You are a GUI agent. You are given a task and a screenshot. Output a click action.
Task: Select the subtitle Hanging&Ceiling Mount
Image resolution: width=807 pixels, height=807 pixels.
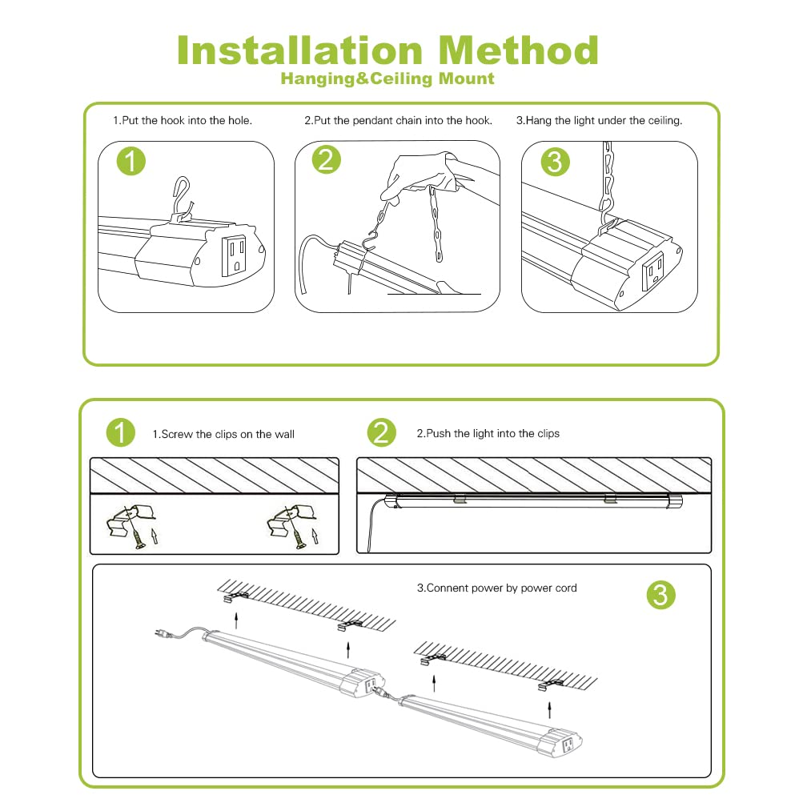[x=387, y=78]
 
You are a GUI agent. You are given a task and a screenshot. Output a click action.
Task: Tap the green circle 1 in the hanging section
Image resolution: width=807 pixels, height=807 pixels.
[x=132, y=162]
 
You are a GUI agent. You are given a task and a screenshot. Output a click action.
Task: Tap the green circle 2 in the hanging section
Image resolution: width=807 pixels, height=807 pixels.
[x=326, y=161]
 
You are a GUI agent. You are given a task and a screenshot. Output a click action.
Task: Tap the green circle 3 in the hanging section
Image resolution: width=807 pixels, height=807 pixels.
[x=555, y=162]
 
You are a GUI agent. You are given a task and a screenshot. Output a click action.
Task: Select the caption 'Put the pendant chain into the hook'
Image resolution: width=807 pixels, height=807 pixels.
[x=398, y=121]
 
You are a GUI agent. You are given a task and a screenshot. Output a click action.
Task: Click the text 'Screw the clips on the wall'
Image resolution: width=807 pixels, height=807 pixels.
[x=223, y=434]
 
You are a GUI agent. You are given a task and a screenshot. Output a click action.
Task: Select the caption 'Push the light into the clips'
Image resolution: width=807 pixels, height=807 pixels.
[x=488, y=433]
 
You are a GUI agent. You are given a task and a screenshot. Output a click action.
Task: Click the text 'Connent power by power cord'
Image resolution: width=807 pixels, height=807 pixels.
[x=496, y=588]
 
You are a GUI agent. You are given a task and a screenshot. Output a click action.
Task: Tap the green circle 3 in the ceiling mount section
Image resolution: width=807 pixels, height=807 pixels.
[x=660, y=595]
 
